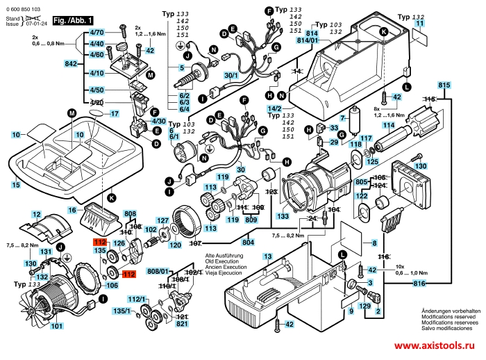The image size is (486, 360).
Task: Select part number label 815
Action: click(x=445, y=85)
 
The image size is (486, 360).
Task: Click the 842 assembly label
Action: click(x=71, y=63)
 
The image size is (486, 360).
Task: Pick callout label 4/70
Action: click(x=97, y=33)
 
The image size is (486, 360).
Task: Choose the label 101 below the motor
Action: click(x=56, y=326)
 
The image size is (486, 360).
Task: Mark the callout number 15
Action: click(x=15, y=185)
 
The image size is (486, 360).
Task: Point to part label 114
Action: click(x=389, y=125)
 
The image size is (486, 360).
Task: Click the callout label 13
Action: click(x=267, y=256)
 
